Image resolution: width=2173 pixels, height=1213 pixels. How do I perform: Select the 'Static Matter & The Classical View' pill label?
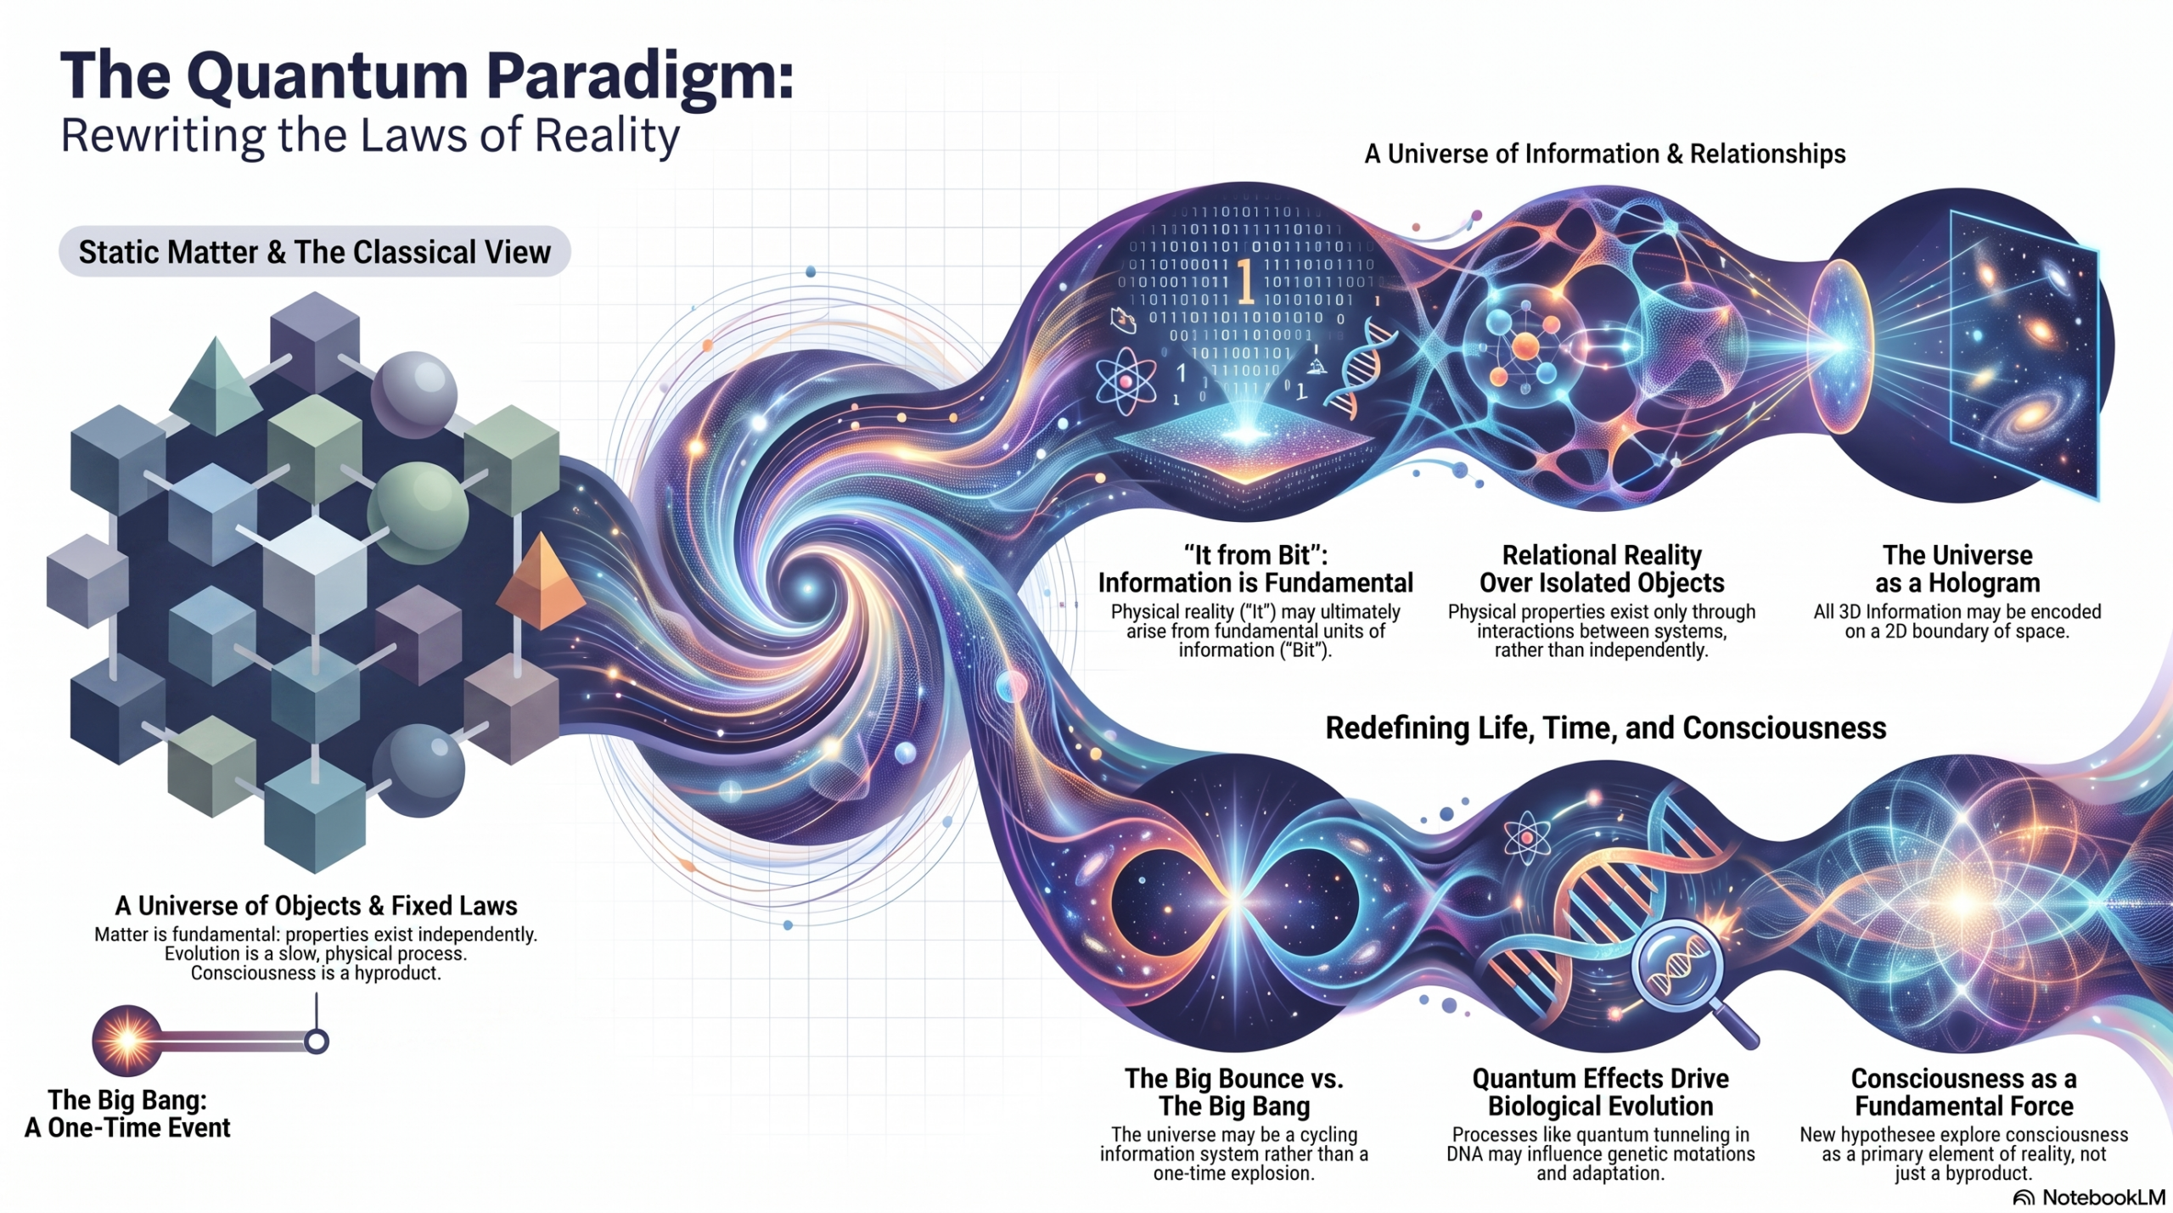[x=314, y=252]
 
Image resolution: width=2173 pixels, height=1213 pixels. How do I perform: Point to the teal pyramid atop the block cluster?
[x=216, y=386]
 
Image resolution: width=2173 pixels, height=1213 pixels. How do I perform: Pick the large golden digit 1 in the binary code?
[x=1245, y=282]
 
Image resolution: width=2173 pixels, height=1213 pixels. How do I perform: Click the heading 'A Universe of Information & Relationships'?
[x=1604, y=154]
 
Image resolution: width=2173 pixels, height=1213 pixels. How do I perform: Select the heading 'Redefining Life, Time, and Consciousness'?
[x=1605, y=728]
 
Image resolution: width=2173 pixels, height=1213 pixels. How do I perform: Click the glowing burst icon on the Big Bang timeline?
[x=127, y=1040]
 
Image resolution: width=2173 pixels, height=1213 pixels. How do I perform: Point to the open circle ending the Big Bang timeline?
[x=316, y=1041]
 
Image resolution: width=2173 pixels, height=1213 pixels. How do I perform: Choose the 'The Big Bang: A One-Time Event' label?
[x=127, y=1114]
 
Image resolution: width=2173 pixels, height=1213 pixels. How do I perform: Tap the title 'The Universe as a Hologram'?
[x=1957, y=569]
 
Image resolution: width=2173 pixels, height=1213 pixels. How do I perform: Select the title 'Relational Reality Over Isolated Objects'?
[x=1602, y=569]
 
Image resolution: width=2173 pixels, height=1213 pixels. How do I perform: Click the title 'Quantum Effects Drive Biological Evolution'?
[x=1600, y=1092]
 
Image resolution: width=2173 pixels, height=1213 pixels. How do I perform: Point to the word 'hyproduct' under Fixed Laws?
[x=396, y=974]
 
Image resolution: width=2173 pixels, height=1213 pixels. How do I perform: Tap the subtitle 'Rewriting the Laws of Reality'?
[x=370, y=136]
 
